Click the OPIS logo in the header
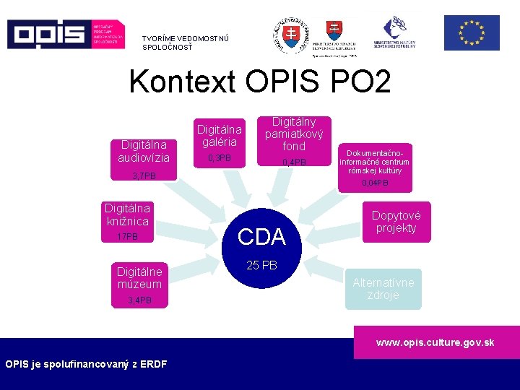pos(65,33)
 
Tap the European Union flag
pos(471,33)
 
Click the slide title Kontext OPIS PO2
pos(259,82)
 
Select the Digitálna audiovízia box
pos(144,151)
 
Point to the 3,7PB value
pos(144,176)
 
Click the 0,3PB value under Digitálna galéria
pos(220,157)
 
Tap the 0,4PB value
pos(294,162)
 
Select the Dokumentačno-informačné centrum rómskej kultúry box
pos(374,162)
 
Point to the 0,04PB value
pos(374,183)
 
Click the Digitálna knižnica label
pos(127,214)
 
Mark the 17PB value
pos(127,237)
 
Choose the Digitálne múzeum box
pos(140,277)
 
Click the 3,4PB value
pos(140,300)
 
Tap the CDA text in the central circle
pos(261,236)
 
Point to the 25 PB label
pos(261,266)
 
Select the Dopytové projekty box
pos(396,221)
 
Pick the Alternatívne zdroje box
pos(383,289)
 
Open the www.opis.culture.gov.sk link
pos(435,342)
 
